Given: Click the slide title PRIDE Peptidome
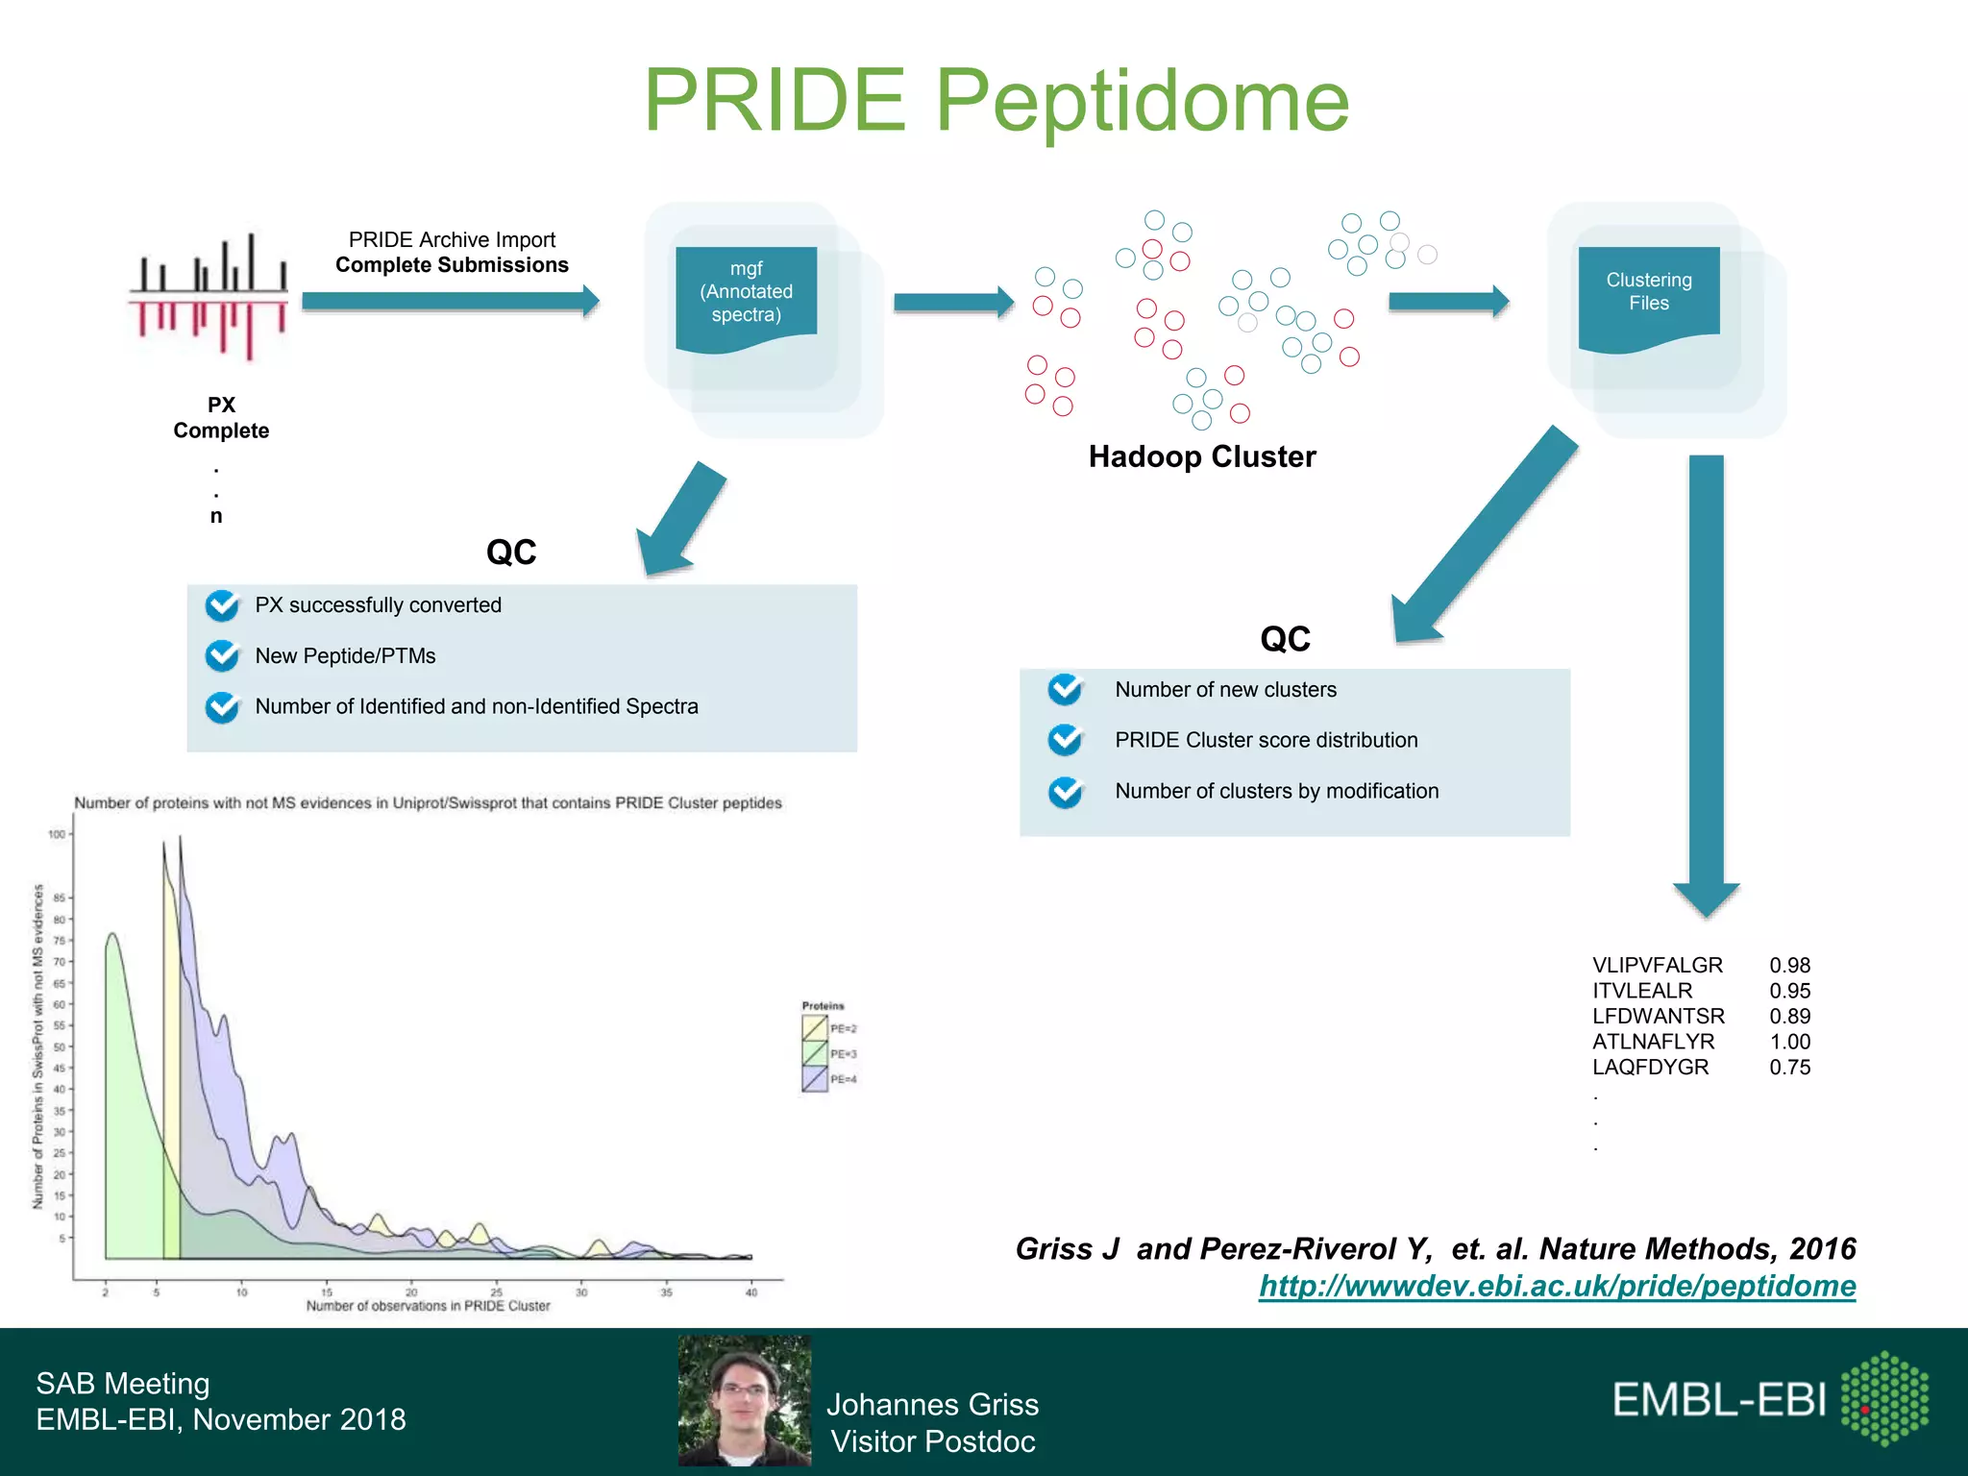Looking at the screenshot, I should (x=996, y=100).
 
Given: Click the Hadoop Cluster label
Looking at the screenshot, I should (x=1201, y=456).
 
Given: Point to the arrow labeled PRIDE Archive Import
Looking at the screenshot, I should (x=450, y=301).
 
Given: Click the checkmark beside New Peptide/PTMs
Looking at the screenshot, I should (x=222, y=656).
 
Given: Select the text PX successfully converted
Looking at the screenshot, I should (x=378, y=605).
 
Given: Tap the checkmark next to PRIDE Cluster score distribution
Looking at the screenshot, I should (x=1065, y=740).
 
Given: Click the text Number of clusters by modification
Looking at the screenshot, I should (x=1276, y=791).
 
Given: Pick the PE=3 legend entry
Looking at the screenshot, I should (x=828, y=1054).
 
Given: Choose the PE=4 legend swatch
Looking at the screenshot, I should (x=815, y=1079).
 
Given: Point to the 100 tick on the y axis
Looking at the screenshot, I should (x=58, y=834).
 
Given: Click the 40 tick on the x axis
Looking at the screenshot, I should (x=751, y=1292).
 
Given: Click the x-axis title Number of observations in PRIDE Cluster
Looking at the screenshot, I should (x=428, y=1306).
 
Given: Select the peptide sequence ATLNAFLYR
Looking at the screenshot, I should (x=1653, y=1042).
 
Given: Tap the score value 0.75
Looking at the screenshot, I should (x=1789, y=1068).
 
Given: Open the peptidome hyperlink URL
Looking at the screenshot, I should (x=1557, y=1286).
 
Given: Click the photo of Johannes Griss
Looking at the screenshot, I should (x=745, y=1400).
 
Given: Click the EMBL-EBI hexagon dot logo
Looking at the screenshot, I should (x=1884, y=1398).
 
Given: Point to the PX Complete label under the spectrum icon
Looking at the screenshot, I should (x=221, y=418).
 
